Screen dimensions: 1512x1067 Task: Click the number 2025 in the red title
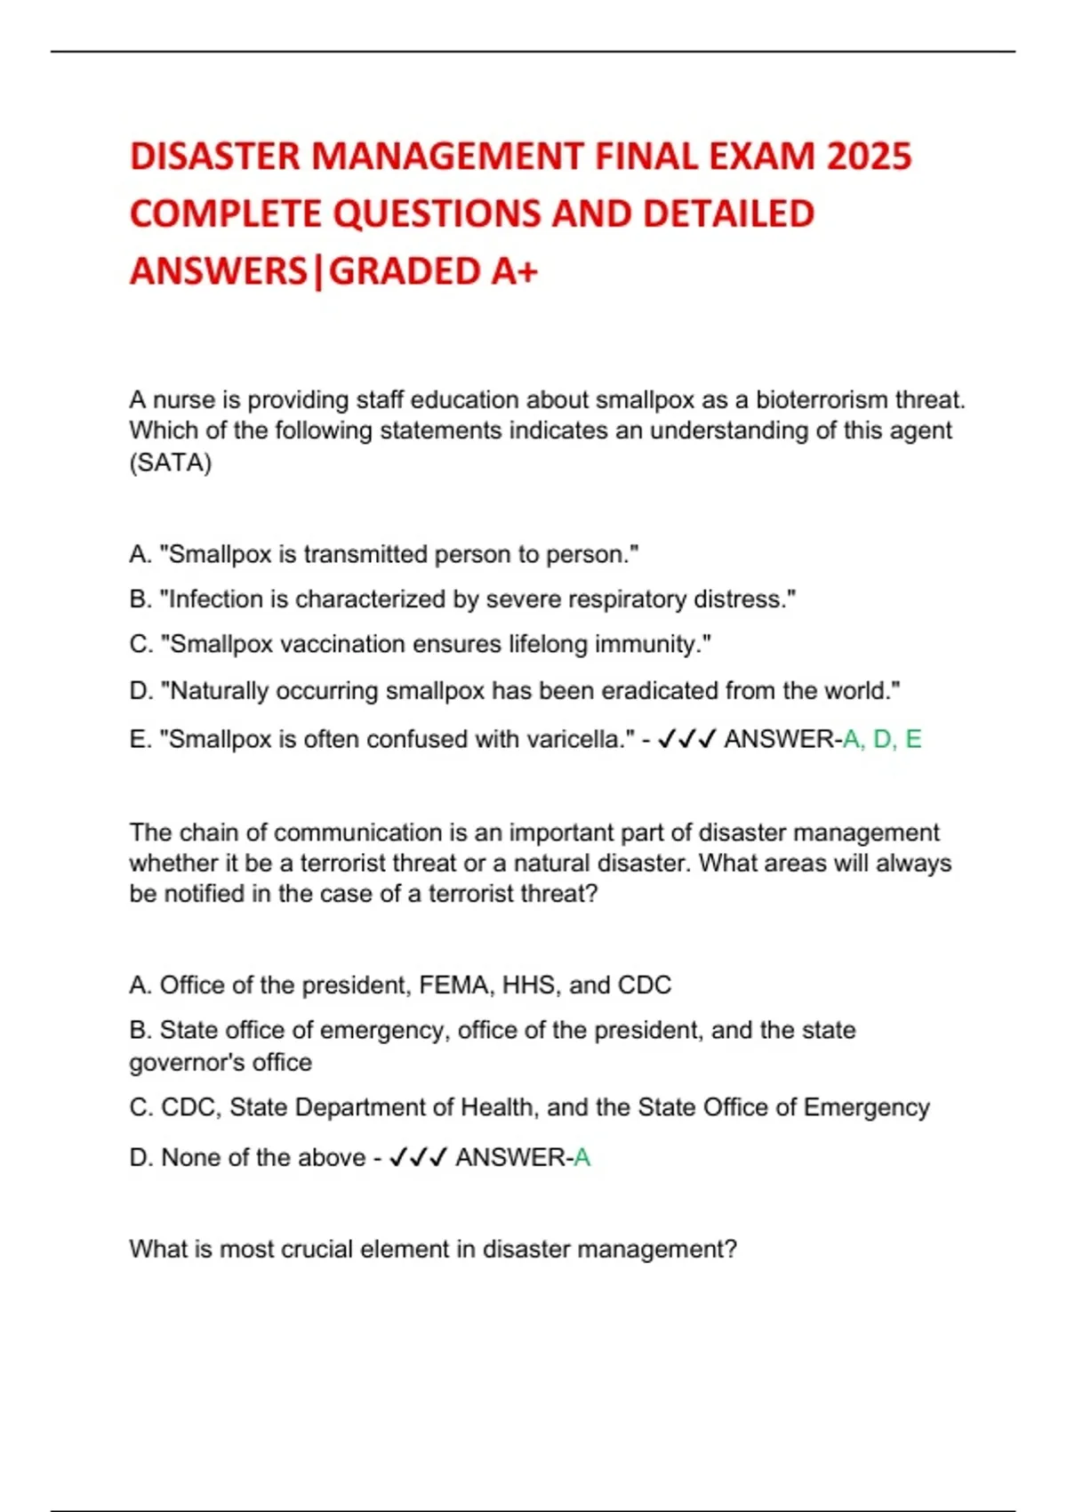click(x=869, y=157)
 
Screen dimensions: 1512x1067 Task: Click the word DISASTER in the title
click(x=215, y=157)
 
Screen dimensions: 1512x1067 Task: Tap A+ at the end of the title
click(x=514, y=271)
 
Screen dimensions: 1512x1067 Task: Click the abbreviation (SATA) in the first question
click(x=171, y=462)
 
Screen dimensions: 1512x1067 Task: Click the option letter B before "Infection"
click(x=140, y=599)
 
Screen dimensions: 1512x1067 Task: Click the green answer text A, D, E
click(x=882, y=739)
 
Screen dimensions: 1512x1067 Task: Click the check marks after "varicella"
click(x=686, y=739)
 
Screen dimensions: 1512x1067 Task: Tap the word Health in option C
click(x=493, y=1107)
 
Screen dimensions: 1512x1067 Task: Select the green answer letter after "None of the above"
click(x=582, y=1158)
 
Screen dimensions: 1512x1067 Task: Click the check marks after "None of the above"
click(x=418, y=1158)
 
